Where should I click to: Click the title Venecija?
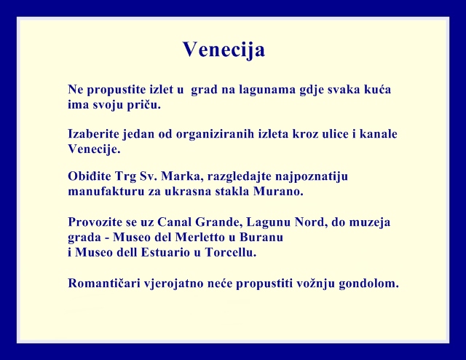click(224, 50)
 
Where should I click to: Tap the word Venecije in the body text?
click(94, 149)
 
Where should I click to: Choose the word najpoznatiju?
click(312, 177)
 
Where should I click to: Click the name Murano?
click(278, 191)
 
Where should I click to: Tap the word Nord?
click(311, 222)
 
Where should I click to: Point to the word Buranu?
click(261, 237)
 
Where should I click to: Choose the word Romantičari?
click(104, 283)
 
